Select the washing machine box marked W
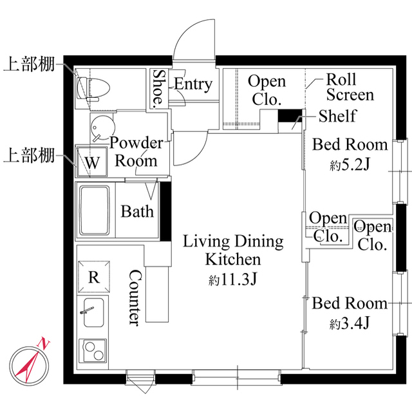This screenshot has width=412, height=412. (x=92, y=162)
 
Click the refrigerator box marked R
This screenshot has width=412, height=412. (x=93, y=277)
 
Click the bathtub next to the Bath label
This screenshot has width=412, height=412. (x=95, y=210)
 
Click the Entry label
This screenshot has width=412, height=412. (x=193, y=84)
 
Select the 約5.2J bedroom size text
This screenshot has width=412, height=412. (x=350, y=165)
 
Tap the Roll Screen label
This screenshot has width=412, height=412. (x=350, y=87)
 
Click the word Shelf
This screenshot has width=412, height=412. (x=337, y=116)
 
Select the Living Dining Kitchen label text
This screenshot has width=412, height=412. (x=233, y=250)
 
